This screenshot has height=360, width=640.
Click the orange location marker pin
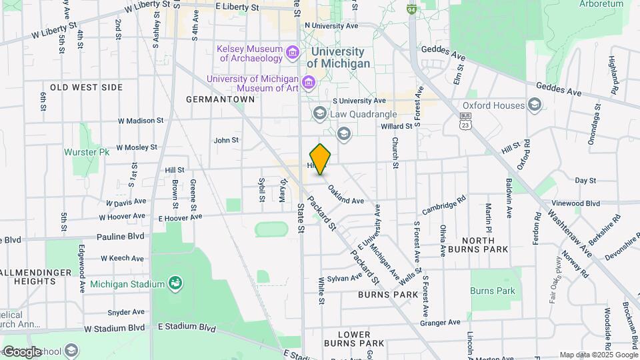321,159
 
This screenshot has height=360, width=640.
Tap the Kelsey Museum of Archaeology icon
292,52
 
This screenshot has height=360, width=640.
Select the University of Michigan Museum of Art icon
308,83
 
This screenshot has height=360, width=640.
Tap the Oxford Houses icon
534,105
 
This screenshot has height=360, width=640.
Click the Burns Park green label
492,291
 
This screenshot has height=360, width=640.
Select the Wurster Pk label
86,152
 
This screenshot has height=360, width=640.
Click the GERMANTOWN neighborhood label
220,99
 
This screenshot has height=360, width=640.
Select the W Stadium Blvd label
115,328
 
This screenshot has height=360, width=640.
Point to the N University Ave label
331,26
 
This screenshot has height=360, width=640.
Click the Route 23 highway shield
465,120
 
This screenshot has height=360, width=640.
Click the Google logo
23,351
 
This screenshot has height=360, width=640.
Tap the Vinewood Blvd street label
576,203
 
